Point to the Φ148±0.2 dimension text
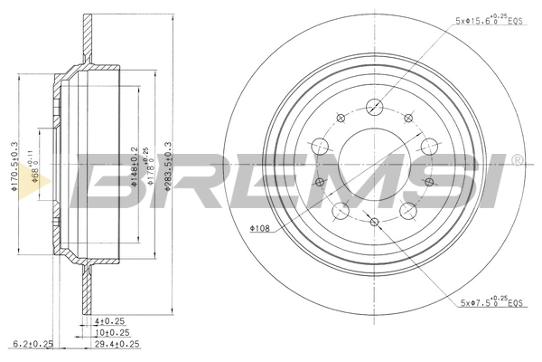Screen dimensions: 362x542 pyautogui.click(x=134, y=165)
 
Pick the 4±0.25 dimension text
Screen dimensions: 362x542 pyautogui.click(x=110, y=321)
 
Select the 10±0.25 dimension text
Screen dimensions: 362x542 pyautogui.click(x=112, y=332)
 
